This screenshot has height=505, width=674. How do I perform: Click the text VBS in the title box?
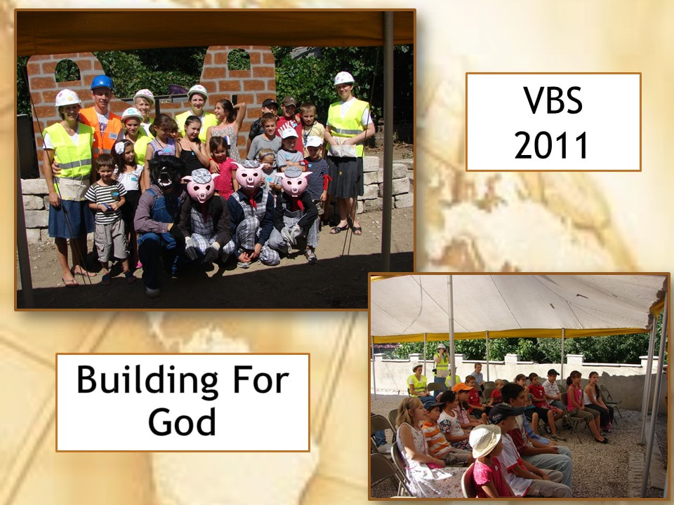(553, 100)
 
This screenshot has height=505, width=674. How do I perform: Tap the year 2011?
(552, 146)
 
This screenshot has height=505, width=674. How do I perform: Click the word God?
(182, 422)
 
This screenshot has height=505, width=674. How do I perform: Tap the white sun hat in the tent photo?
(485, 440)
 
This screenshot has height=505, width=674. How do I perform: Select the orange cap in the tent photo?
(462, 387)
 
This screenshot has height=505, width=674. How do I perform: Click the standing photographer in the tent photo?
(441, 364)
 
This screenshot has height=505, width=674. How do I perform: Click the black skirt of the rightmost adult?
(344, 177)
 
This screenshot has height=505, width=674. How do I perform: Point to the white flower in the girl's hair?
(119, 147)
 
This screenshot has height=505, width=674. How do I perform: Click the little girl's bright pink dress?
(225, 176)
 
